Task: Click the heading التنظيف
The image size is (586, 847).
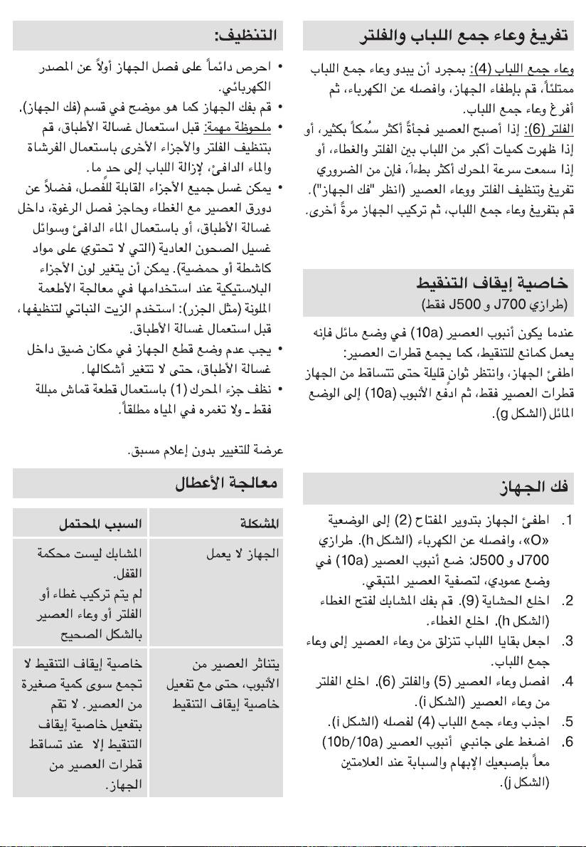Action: tap(247, 34)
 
